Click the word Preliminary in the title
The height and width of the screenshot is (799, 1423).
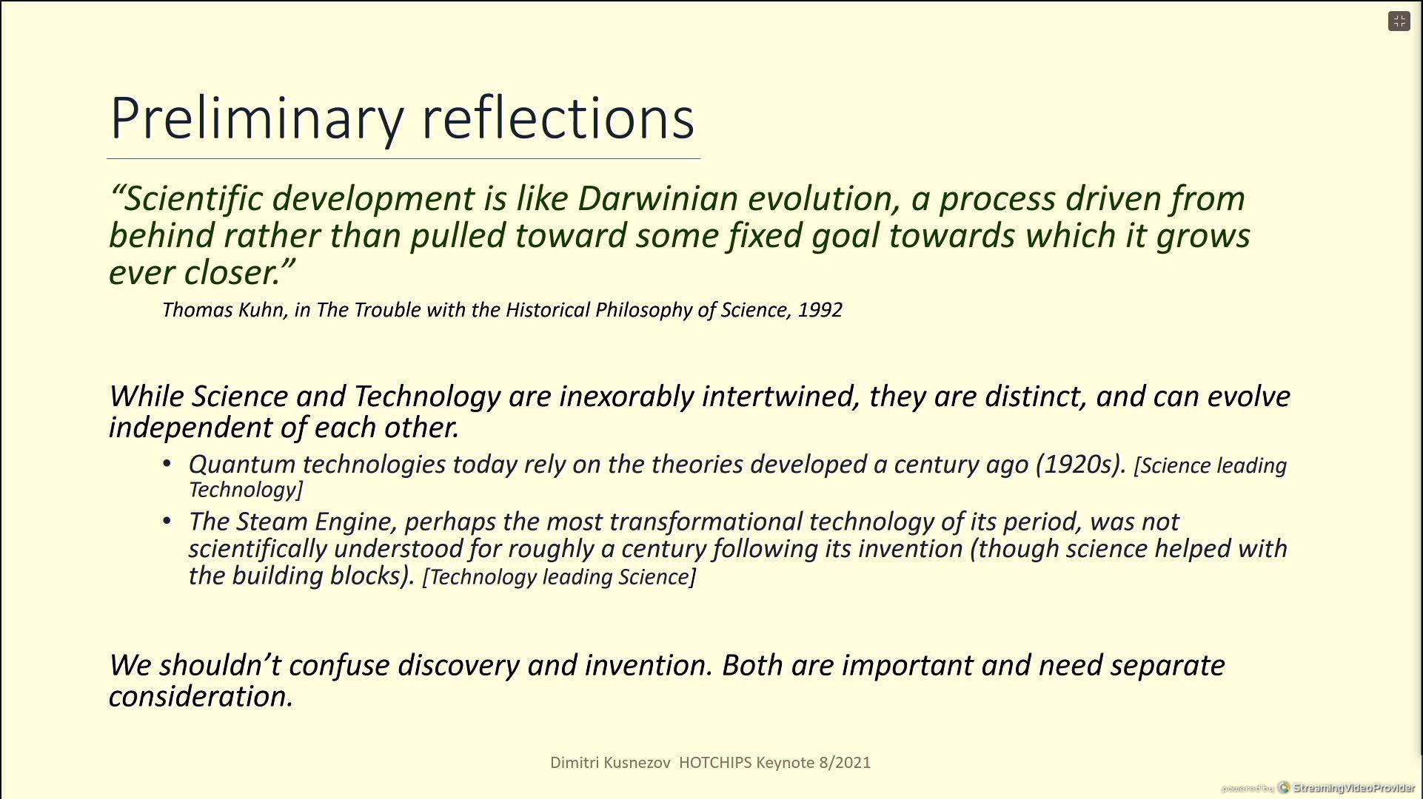click(x=257, y=118)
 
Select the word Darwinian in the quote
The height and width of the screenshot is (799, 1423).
click(x=658, y=198)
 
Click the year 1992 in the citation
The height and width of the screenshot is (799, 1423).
click(x=820, y=309)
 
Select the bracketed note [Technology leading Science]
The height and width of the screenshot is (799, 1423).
click(x=559, y=577)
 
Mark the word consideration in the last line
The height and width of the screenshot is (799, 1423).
click(x=201, y=696)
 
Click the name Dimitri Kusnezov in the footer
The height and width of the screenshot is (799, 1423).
click(x=610, y=763)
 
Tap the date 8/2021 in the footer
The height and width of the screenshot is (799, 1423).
click(x=845, y=763)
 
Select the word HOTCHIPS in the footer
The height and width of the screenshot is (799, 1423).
click(x=715, y=763)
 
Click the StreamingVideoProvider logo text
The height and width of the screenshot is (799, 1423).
click(x=1354, y=788)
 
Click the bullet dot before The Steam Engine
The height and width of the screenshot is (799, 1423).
click(x=167, y=522)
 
